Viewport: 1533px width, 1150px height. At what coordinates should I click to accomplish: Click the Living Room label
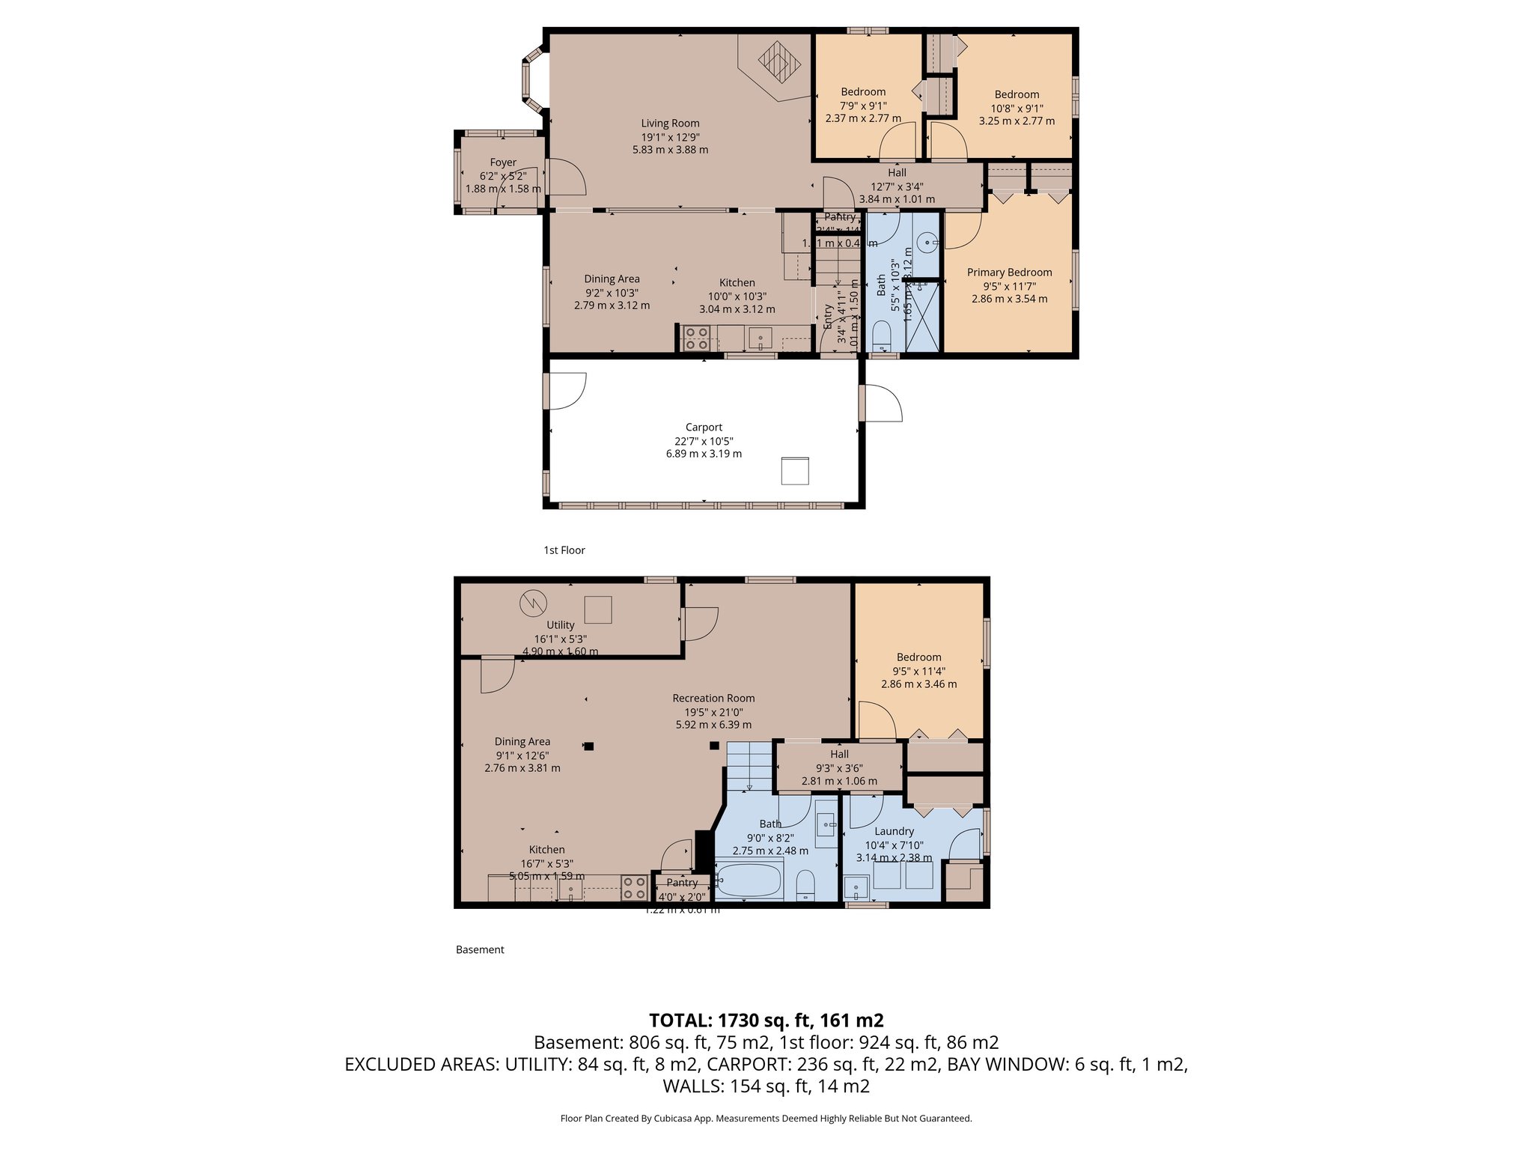tap(670, 124)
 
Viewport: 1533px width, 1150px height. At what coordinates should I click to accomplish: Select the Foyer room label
tap(503, 162)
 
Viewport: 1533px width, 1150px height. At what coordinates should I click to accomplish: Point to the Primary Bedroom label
tap(1009, 273)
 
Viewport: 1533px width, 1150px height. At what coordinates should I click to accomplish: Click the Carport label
tap(704, 428)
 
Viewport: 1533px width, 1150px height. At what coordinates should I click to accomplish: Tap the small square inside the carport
tap(795, 471)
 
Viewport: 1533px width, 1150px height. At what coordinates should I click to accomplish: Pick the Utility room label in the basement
tap(560, 625)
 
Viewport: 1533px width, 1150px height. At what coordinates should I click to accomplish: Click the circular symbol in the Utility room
tap(534, 602)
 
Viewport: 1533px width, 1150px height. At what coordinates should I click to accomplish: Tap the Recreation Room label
tap(713, 699)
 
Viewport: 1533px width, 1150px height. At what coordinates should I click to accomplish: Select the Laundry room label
tap(894, 831)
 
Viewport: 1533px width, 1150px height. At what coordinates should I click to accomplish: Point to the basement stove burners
tap(635, 888)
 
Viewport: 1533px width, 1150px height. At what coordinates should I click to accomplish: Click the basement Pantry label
tap(682, 883)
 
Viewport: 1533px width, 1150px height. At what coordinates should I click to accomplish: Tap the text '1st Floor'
tap(564, 550)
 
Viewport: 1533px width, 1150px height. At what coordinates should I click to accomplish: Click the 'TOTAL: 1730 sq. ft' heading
tap(766, 1020)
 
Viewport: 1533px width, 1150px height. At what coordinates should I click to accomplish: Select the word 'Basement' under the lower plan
tap(480, 950)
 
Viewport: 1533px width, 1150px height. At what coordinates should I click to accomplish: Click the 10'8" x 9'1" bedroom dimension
tap(1017, 108)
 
